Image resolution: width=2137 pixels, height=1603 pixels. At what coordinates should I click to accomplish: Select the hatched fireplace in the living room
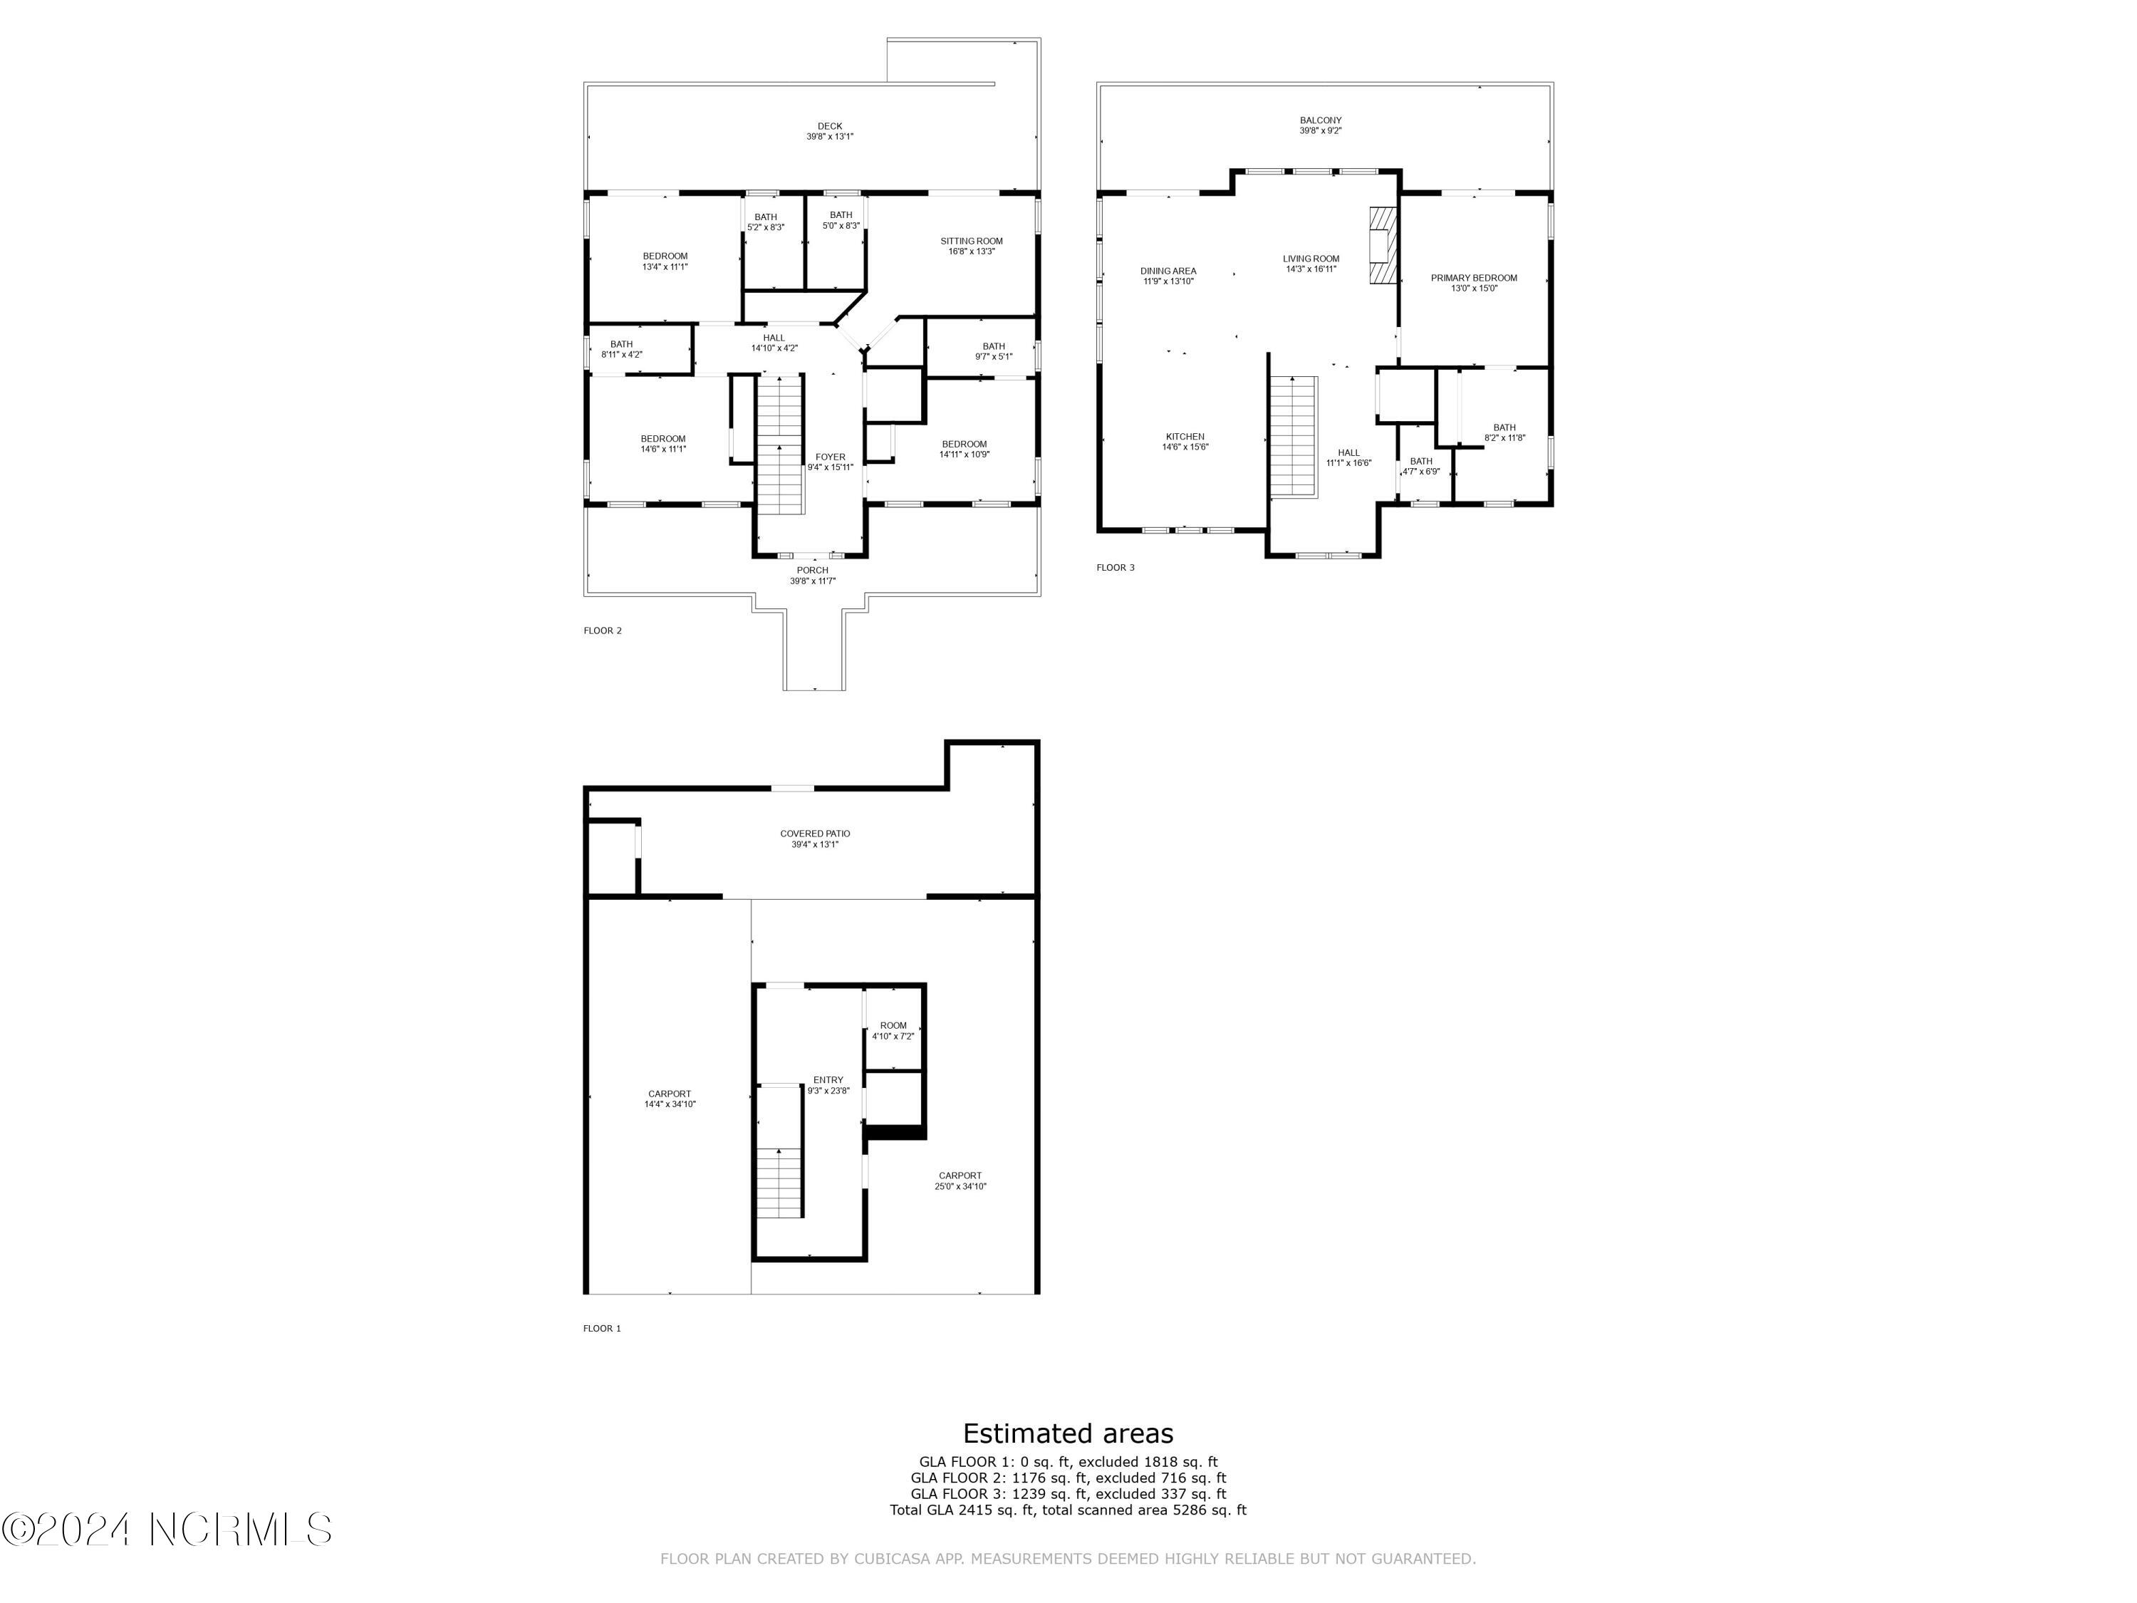tap(1383, 245)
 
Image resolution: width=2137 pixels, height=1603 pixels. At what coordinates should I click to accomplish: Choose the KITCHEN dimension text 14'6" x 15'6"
tap(1185, 447)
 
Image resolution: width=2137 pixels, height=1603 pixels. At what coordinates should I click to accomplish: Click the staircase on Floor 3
tap(1294, 437)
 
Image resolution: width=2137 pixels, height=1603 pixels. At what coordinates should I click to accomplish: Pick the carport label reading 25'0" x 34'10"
tap(960, 1186)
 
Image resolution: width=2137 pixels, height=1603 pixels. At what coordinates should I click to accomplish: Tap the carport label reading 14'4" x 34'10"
tap(670, 1104)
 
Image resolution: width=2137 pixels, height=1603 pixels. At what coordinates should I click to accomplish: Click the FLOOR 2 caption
tap(603, 631)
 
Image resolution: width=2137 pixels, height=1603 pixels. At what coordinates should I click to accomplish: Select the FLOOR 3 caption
tap(1115, 567)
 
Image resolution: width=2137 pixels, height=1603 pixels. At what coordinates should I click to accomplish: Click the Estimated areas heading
tap(1068, 1433)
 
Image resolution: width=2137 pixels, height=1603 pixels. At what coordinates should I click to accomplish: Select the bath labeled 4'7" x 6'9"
tap(1420, 467)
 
